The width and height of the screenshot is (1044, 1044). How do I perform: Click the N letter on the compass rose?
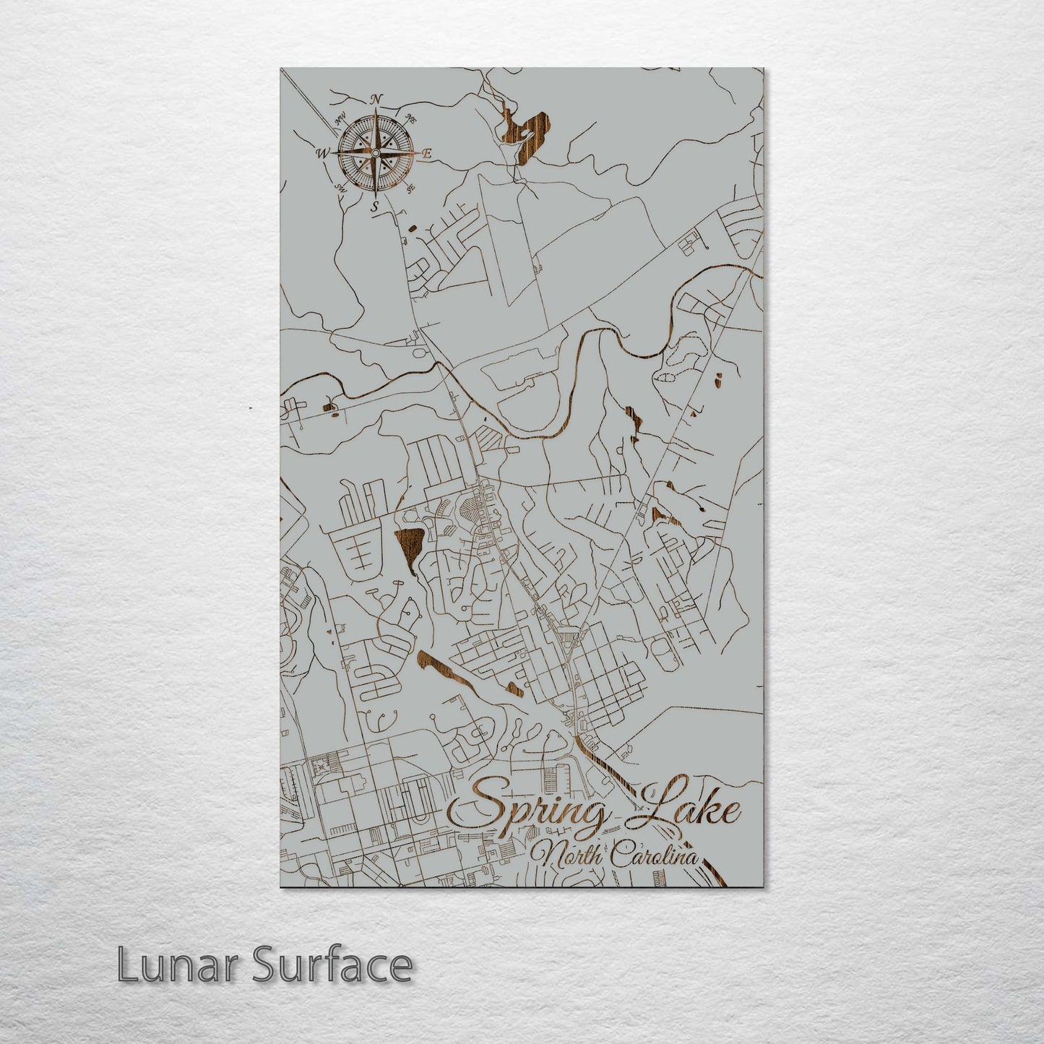pos(376,100)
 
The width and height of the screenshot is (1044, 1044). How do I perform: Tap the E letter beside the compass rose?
pos(426,154)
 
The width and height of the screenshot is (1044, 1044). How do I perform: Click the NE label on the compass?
pos(410,117)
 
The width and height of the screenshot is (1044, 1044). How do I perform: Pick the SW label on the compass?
pos(339,189)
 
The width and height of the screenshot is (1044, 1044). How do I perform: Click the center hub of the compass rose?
pos(375,153)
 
